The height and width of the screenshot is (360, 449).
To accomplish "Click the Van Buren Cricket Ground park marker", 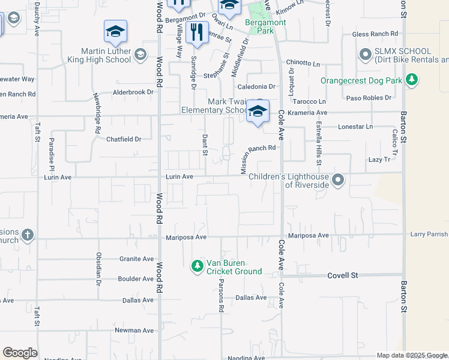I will [197, 265].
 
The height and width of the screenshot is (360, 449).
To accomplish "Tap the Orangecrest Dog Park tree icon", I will [411, 79].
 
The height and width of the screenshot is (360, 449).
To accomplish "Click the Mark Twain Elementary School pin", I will [258, 112].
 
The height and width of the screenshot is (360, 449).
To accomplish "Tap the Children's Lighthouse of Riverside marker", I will [338, 179].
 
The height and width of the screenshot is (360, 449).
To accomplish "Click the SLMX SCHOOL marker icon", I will [365, 55].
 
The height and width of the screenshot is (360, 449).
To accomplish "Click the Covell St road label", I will [342, 275].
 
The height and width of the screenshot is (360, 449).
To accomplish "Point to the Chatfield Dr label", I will [124, 139].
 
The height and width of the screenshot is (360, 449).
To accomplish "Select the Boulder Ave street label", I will [136, 279].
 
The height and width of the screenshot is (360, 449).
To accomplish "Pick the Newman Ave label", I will [134, 330].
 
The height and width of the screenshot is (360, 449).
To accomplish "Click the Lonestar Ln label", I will [355, 127].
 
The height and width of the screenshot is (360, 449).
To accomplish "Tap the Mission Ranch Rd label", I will [258, 158].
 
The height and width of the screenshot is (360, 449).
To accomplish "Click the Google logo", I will [20, 353].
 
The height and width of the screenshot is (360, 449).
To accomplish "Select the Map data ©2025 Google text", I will [411, 355].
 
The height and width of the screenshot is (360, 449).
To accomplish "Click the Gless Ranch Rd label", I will [376, 34].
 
